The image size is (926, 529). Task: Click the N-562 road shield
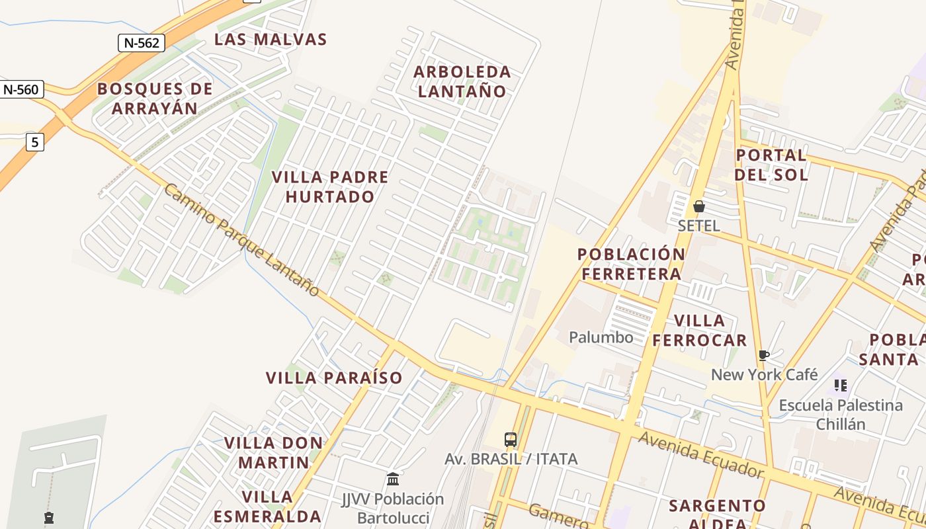(x=141, y=43)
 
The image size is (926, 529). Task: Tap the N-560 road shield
(x=22, y=89)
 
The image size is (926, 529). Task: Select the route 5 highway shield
(x=35, y=142)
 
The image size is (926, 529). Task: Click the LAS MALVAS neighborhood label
(x=271, y=40)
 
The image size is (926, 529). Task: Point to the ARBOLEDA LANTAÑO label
(x=462, y=81)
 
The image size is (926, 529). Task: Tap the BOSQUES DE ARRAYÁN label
(x=155, y=99)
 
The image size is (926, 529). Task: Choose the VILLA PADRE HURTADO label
(x=330, y=187)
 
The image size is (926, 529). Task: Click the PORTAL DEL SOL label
(x=771, y=165)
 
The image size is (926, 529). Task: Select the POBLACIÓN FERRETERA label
(x=631, y=264)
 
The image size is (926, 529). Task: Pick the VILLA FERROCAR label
(x=699, y=331)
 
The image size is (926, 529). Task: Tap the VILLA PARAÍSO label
(x=334, y=378)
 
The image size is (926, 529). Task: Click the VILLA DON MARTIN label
(x=273, y=452)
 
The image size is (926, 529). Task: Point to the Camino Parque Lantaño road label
(x=241, y=240)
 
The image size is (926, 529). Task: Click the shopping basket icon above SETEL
(x=698, y=206)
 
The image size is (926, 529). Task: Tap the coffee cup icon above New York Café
(x=764, y=355)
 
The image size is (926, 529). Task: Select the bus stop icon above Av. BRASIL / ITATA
(x=511, y=439)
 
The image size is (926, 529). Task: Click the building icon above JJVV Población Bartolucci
(x=393, y=479)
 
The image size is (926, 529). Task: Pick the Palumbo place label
(x=601, y=337)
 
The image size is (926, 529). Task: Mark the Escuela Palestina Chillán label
(x=840, y=415)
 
